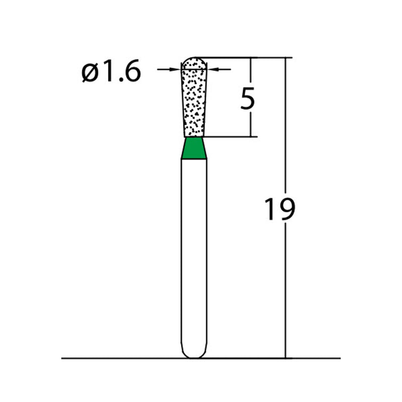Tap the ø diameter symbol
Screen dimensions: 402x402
tap(90, 74)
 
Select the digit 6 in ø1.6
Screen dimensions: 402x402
tap(129, 73)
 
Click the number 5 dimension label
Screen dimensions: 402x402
tap(248, 98)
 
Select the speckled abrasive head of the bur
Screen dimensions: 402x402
tap(194, 100)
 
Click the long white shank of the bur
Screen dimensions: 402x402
tap(194, 251)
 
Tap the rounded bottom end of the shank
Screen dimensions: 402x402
tap(194, 354)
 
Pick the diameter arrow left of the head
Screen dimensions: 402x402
tap(168, 69)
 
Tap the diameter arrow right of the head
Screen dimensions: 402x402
tap(219, 69)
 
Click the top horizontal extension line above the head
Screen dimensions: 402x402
tap(241, 58)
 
